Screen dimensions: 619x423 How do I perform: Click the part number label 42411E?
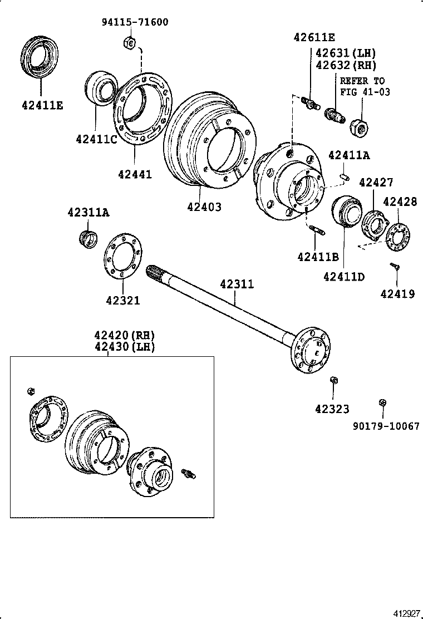tap(42, 104)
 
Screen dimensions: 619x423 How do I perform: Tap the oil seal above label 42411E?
tap(41, 56)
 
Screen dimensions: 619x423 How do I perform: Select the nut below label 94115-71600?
tap(128, 42)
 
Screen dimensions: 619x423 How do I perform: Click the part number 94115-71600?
tap(135, 22)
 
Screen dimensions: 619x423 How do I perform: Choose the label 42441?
tap(135, 174)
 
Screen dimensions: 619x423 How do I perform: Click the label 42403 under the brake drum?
tap(204, 207)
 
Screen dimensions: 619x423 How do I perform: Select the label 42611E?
tap(314, 37)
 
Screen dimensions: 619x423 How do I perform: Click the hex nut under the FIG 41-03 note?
tap(359, 127)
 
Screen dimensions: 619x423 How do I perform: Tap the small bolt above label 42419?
tap(395, 267)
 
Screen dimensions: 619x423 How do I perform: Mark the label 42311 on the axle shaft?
tap(237, 284)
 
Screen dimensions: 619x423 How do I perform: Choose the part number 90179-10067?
tap(386, 426)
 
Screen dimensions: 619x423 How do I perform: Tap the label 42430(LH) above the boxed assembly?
tap(124, 347)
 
